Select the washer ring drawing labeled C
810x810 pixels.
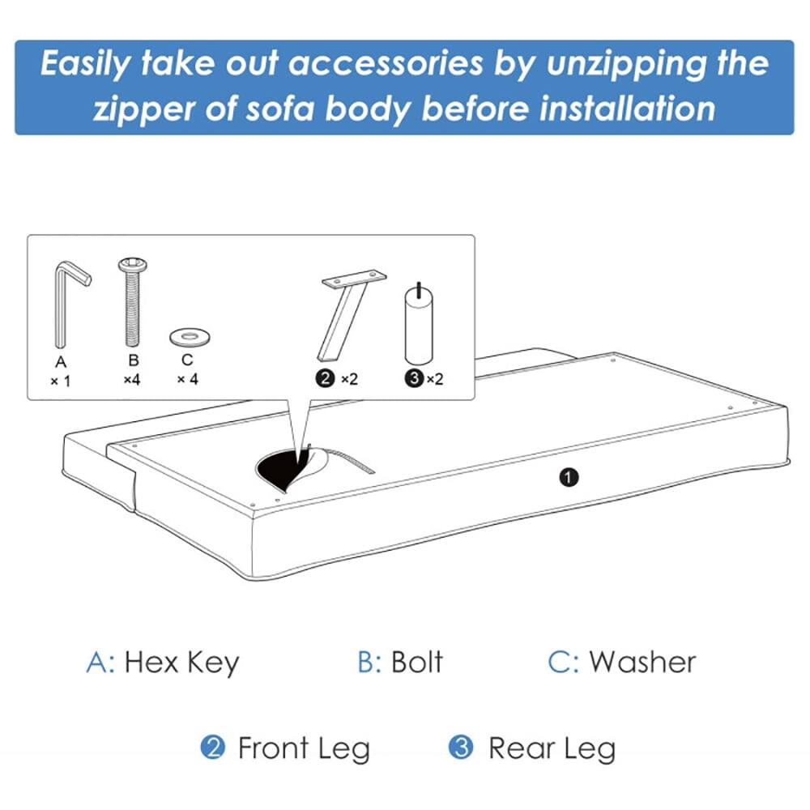coord(187,335)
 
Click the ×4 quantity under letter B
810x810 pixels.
coord(133,379)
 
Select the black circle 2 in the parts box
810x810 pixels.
coord(326,379)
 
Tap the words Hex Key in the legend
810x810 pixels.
coord(182,662)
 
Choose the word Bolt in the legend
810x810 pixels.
coord(416,662)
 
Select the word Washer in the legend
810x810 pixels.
coord(642,662)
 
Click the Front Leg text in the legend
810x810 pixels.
coord(303,748)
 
